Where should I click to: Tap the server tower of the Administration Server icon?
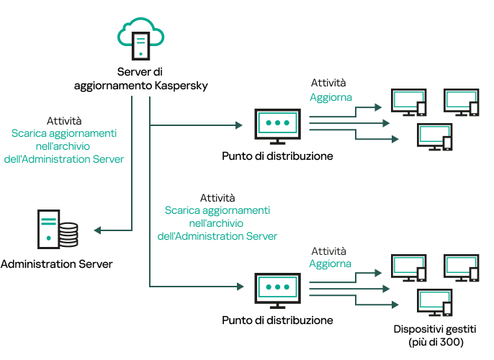click(48, 227)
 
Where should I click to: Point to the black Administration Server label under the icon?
click(57, 264)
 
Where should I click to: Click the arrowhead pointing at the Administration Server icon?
click(98, 230)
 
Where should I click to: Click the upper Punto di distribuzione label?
click(277, 155)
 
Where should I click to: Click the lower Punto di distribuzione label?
click(277, 320)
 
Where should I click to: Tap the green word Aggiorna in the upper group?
click(331, 97)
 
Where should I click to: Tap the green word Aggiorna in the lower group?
click(331, 264)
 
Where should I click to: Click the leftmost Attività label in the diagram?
click(64, 120)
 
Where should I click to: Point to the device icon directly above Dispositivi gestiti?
click(435, 302)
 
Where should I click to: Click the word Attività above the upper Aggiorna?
click(328, 84)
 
